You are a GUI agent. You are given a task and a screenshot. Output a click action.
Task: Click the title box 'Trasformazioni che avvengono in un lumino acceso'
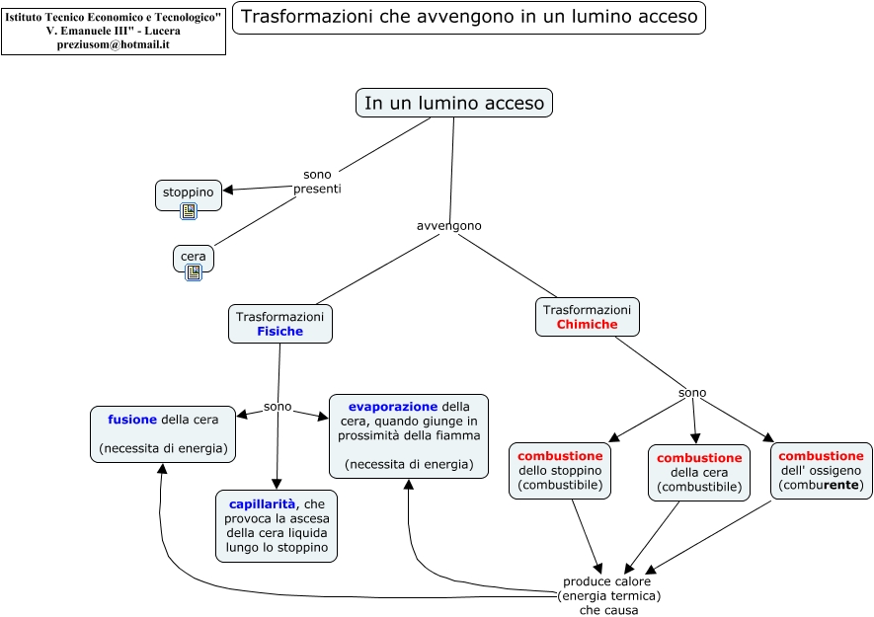[x=468, y=17]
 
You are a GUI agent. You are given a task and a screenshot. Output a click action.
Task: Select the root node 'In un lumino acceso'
[x=453, y=103]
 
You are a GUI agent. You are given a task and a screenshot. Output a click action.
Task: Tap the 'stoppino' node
[x=188, y=192]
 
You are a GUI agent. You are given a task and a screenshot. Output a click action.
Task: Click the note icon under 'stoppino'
[x=189, y=210]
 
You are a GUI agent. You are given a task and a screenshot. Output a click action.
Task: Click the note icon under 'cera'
[x=194, y=271]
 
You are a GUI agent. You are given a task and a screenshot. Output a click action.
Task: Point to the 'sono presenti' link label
[x=317, y=182]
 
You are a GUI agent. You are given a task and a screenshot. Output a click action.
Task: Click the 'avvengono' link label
[x=449, y=225]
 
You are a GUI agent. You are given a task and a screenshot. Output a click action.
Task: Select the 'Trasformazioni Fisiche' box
[x=279, y=324]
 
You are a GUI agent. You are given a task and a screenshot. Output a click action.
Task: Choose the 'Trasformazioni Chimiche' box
[x=587, y=317]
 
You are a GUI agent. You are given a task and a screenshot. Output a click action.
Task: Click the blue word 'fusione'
[x=132, y=420]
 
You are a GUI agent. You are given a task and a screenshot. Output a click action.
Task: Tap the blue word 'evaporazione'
[x=392, y=406]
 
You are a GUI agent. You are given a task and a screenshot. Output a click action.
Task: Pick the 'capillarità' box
[x=276, y=526]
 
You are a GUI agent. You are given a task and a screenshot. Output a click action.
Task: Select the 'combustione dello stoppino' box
[x=560, y=471]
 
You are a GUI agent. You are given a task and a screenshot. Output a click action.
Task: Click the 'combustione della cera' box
[x=698, y=473]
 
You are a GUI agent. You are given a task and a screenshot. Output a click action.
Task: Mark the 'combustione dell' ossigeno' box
[x=821, y=470]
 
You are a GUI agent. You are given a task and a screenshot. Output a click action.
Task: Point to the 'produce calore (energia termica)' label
[x=608, y=588]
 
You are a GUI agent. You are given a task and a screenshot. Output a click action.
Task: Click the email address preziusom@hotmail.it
[x=114, y=44]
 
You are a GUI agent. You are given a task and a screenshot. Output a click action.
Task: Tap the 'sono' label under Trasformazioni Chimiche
[x=692, y=393]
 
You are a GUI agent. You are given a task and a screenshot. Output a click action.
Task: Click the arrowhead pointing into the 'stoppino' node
[x=228, y=190]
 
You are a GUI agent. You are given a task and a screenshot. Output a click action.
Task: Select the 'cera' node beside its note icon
[x=194, y=257]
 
